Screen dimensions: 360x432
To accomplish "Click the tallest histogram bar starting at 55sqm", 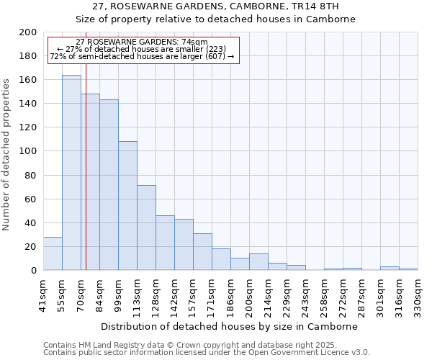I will pos(71,173).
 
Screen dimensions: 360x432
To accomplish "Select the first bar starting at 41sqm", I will pos(53,253).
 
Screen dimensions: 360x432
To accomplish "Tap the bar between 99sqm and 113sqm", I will pos(127,206).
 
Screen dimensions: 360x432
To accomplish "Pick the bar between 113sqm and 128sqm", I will pos(146,228).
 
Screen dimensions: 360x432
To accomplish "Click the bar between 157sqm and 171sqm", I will pos(202,252).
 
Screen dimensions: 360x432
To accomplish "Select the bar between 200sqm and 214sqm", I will pos(258,262).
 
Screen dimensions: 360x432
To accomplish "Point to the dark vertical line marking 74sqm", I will pos(86,180).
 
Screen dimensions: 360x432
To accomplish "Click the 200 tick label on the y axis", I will pos(28,32).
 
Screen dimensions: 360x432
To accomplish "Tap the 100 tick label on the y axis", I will pos(28,151).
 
